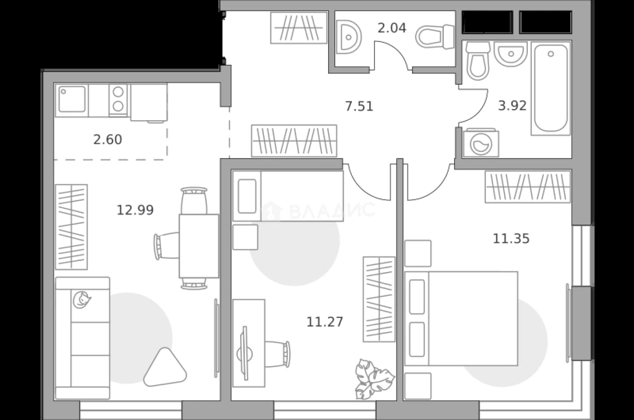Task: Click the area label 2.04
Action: click(x=392, y=28)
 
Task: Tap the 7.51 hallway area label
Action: click(x=359, y=107)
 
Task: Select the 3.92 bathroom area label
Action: click(x=512, y=106)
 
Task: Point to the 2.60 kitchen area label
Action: click(x=108, y=140)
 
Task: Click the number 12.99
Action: click(x=135, y=210)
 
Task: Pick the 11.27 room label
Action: click(x=325, y=322)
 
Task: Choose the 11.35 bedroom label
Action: click(x=511, y=239)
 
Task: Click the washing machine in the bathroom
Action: click(x=481, y=143)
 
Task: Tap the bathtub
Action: click(x=551, y=88)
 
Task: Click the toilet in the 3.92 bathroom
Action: click(x=478, y=61)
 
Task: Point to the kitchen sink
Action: click(x=72, y=99)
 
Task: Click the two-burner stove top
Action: click(x=118, y=100)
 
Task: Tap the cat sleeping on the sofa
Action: click(x=81, y=299)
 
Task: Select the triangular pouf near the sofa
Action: click(x=165, y=368)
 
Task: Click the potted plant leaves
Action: click(x=374, y=379)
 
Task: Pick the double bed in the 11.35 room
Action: click(x=461, y=319)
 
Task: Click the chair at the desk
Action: click(x=278, y=354)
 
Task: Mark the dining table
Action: click(x=199, y=246)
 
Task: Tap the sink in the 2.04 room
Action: click(x=349, y=37)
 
